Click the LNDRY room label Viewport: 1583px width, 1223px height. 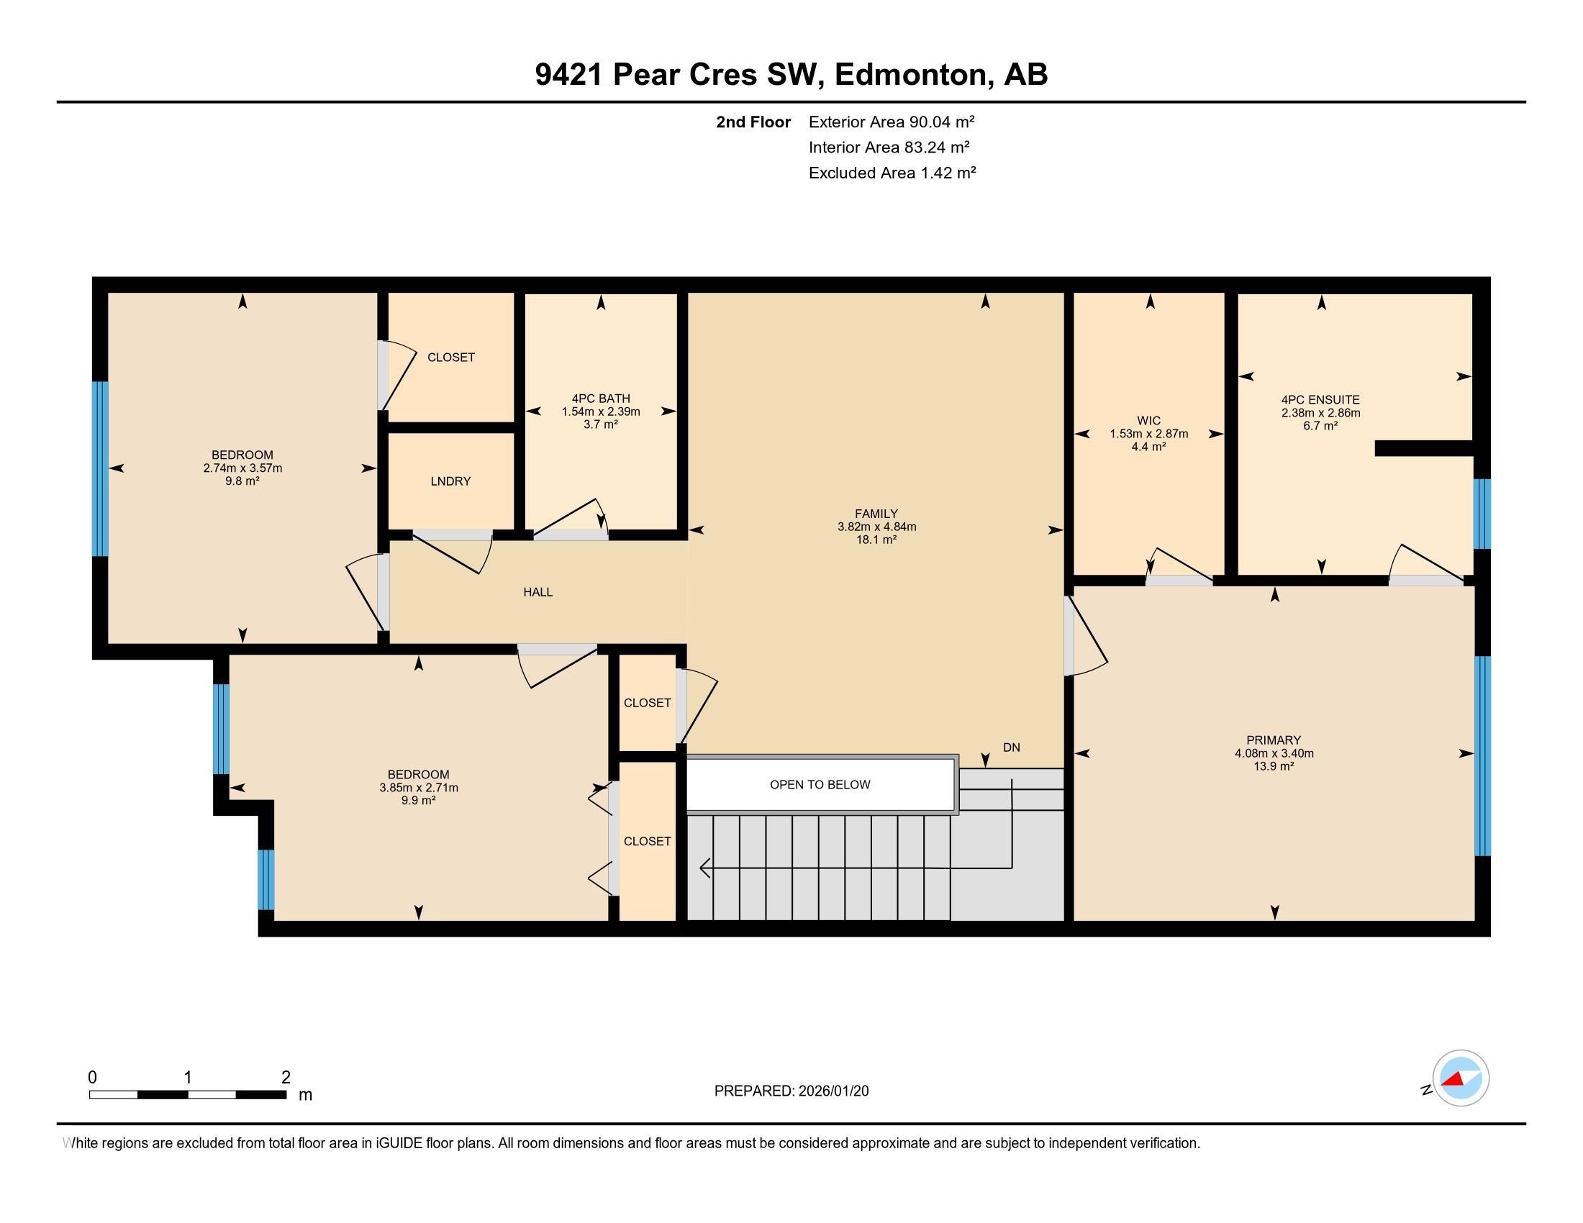pos(450,481)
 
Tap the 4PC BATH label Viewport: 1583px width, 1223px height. pos(600,399)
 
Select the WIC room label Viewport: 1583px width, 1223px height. pos(1148,421)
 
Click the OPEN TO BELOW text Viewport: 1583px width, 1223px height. pos(820,785)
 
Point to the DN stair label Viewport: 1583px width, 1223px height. pos(1011,747)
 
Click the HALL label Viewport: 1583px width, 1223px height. pos(538,592)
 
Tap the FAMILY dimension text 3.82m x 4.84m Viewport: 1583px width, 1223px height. pos(876,527)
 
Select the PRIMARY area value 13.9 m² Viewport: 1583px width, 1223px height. pos(1274,767)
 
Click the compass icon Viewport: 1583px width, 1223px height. pos(1460,1078)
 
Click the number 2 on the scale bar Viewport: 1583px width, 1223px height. pos(286,1078)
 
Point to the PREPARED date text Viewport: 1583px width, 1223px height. pos(791,1091)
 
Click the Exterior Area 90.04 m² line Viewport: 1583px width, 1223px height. pos(891,122)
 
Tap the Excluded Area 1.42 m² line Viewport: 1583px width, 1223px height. pos(892,173)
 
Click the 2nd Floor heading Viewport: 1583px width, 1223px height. pos(753,122)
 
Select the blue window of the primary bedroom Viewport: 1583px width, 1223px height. pos(1482,755)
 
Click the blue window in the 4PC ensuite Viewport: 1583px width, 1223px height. pos(1482,514)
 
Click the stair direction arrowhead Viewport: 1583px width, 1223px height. pos(703,868)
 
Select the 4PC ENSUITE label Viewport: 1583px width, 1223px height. pos(1320,400)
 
